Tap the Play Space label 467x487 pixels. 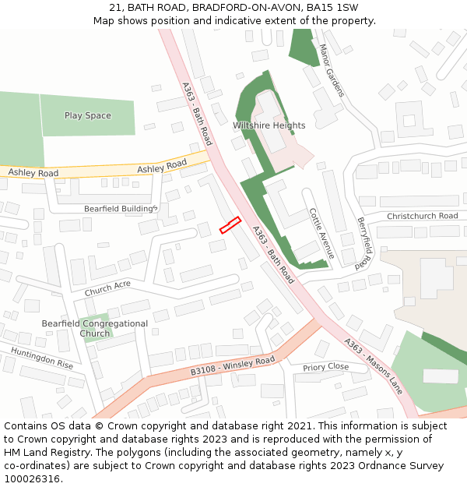coord(87,116)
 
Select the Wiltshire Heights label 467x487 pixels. coord(269,125)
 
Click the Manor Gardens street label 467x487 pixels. coord(331,70)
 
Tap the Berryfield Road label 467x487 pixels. coord(365,244)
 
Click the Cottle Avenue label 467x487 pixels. coord(321,233)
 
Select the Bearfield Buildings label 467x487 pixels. coord(121,209)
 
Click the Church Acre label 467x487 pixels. coord(107,288)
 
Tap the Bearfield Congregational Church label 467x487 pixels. coord(94,328)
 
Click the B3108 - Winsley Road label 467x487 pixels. coord(233,366)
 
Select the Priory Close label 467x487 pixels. coord(325,367)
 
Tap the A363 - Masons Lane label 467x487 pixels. coord(374,366)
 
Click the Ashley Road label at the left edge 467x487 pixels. coord(33,172)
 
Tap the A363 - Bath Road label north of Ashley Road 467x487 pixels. coord(196,114)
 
